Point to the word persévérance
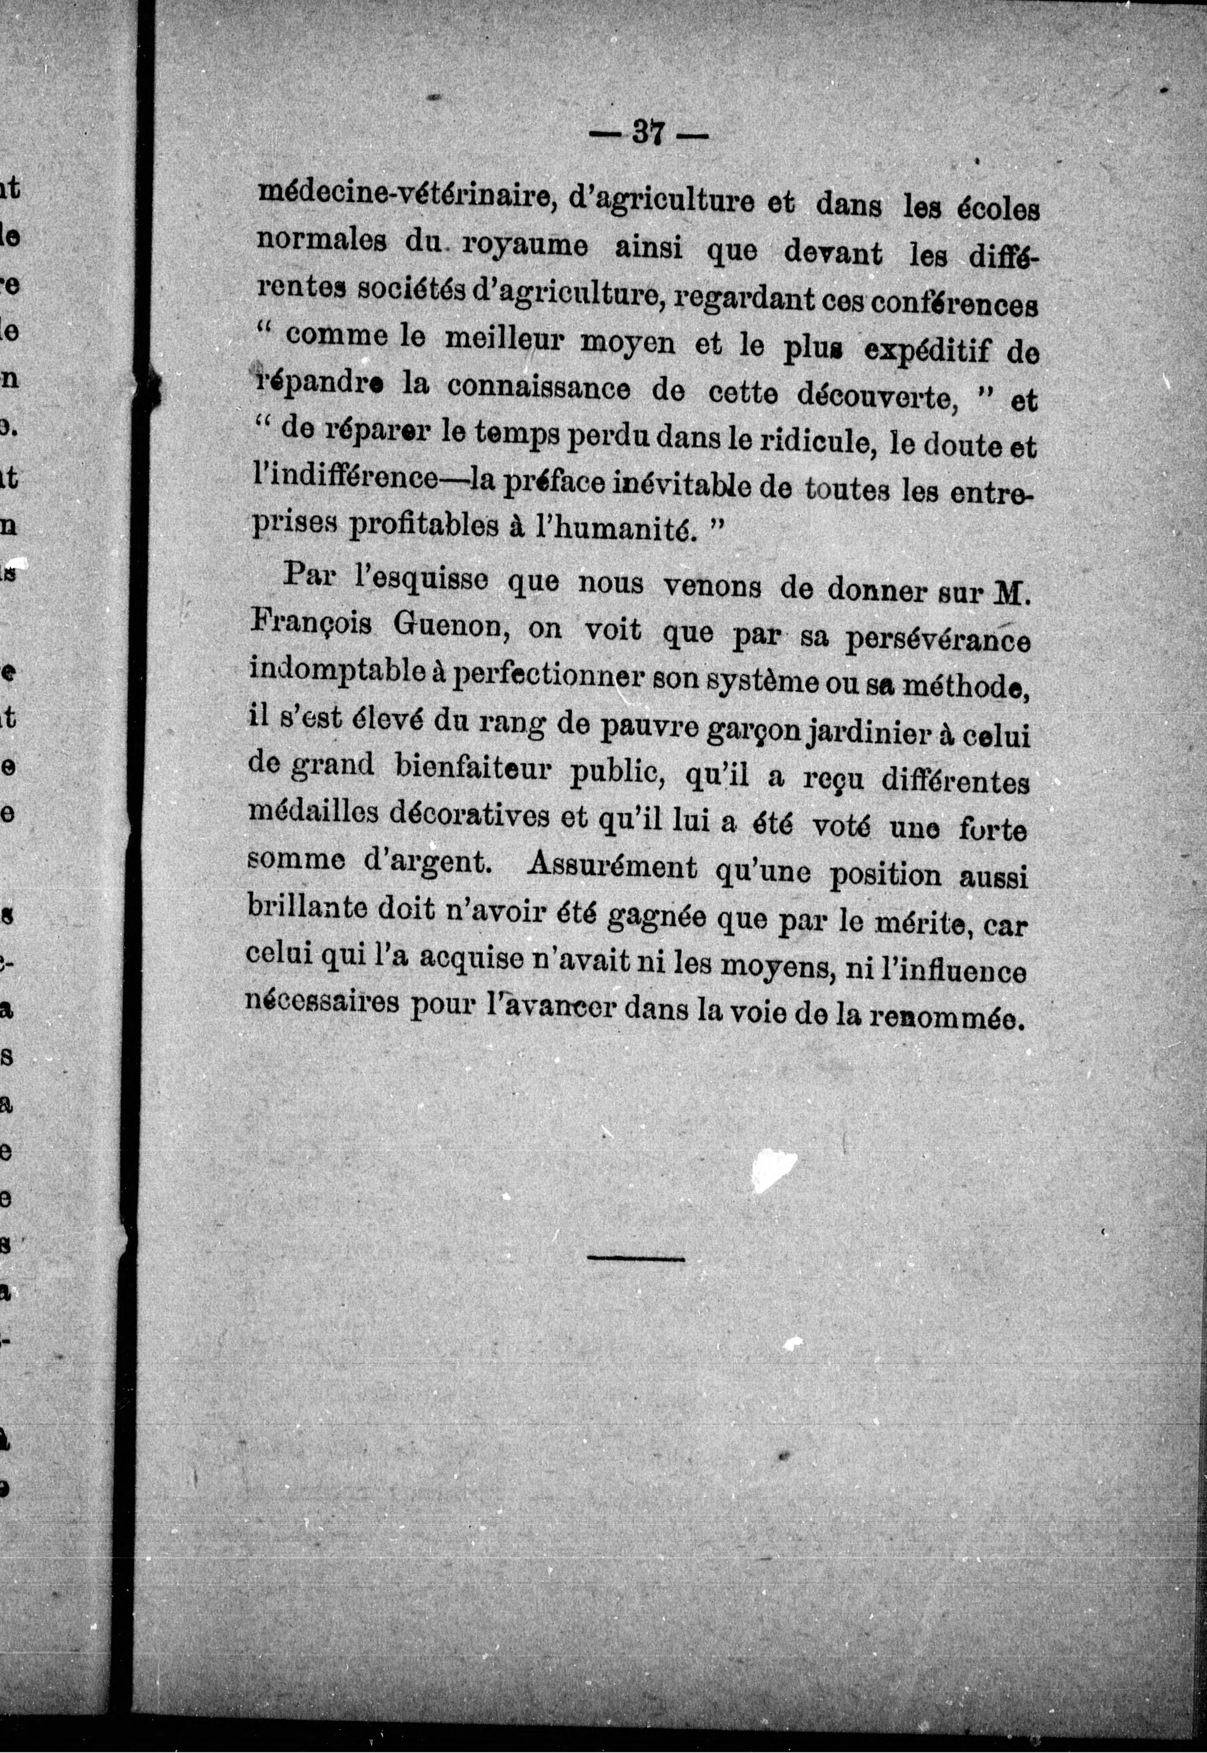(937, 640)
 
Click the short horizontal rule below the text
(635, 1259)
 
